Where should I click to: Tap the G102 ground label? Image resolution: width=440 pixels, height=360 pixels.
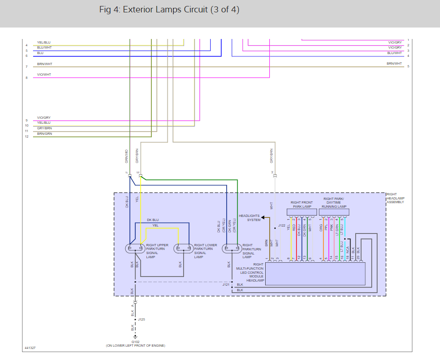[x=135, y=342]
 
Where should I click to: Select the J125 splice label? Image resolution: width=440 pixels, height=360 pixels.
[x=142, y=319]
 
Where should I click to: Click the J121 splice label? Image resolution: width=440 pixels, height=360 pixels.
[x=226, y=285]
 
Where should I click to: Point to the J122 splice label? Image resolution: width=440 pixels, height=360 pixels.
[x=282, y=225]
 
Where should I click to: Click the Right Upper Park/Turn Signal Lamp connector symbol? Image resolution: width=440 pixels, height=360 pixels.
[x=135, y=249]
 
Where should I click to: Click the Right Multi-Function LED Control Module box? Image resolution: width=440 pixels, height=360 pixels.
[x=315, y=274]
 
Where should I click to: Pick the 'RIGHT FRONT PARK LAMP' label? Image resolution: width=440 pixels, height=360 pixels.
[x=301, y=205]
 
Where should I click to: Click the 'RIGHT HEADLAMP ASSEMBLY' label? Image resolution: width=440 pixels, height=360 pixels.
[x=395, y=198]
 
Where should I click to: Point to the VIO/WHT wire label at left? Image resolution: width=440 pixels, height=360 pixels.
[x=44, y=74]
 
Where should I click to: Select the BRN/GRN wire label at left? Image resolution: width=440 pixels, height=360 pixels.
[x=45, y=133]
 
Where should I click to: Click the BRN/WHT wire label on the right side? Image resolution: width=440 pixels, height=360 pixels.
[x=394, y=63]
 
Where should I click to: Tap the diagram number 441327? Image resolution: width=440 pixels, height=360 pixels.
[x=30, y=348]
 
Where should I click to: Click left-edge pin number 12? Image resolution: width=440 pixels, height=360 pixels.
[x=27, y=137]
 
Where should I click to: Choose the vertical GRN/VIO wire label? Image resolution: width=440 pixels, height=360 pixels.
[x=126, y=155]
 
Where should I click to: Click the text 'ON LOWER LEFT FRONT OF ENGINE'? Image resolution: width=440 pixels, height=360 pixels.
[x=135, y=345]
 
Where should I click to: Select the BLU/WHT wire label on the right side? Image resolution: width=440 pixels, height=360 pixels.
[x=395, y=53]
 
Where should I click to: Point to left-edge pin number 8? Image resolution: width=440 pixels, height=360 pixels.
[x=27, y=78]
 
